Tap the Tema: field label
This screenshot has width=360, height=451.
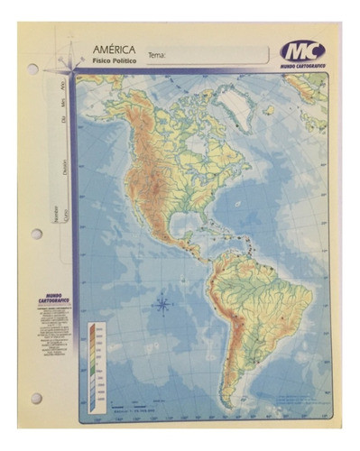157,54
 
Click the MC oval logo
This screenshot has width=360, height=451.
301,51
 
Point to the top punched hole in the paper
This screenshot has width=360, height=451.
33,69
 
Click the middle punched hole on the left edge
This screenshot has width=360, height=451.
36,234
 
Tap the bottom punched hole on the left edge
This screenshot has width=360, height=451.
36,398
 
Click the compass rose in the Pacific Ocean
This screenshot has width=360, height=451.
162,304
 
